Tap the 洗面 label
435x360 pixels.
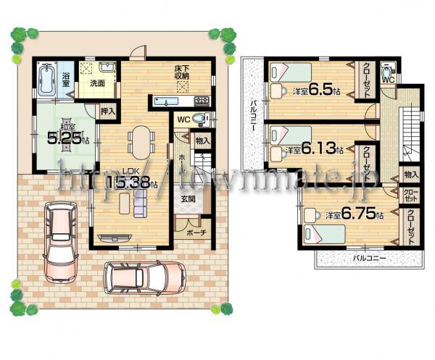click(x=97, y=83)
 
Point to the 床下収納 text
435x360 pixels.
click(x=181, y=72)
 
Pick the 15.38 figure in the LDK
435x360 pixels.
click(x=135, y=184)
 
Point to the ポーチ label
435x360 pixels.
click(x=196, y=233)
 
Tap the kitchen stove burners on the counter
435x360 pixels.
click(x=200, y=100)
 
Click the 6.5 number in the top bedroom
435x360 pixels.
click(x=320, y=91)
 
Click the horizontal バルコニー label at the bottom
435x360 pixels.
click(x=369, y=258)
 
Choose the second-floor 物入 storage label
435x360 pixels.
click(x=411, y=175)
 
